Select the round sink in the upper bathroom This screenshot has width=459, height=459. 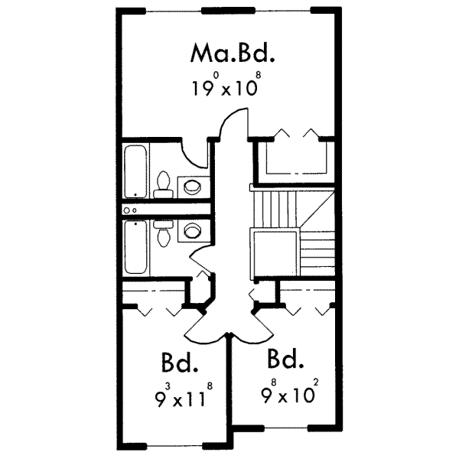coord(192,186)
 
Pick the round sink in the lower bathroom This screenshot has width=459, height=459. coord(193,229)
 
